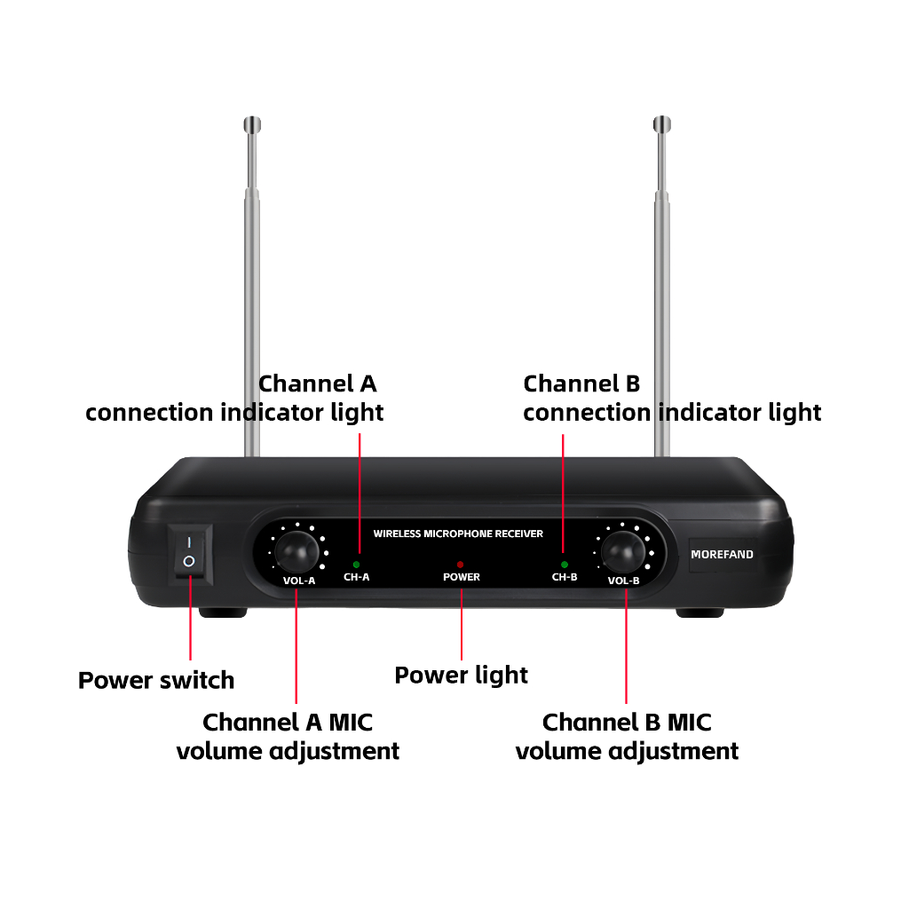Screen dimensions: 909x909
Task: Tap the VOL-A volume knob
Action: click(x=296, y=552)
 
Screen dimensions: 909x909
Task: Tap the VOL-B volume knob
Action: click(x=623, y=552)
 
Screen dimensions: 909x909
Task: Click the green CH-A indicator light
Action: click(x=356, y=564)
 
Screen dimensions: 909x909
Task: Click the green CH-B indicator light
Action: click(x=565, y=564)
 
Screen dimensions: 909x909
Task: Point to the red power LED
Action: click(x=460, y=564)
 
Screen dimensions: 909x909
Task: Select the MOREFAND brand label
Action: click(x=722, y=555)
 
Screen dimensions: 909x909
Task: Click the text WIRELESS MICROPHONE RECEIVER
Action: click(x=458, y=534)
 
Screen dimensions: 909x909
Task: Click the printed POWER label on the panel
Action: click(x=461, y=577)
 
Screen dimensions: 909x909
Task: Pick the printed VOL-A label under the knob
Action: click(x=299, y=581)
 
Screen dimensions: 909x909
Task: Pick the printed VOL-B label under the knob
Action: click(x=623, y=581)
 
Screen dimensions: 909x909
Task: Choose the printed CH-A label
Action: click(x=356, y=577)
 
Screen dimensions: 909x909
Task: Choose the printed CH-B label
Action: click(x=565, y=577)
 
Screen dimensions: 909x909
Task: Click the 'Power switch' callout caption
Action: click(x=156, y=681)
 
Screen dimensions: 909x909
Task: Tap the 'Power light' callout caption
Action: click(x=461, y=676)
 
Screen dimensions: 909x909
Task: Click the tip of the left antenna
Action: click(x=252, y=123)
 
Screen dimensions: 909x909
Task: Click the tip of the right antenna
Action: click(x=661, y=123)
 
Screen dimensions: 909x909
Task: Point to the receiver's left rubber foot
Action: click(x=223, y=612)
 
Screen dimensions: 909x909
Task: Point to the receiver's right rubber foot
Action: click(x=700, y=612)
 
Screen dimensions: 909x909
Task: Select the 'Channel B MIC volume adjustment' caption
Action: click(x=627, y=736)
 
